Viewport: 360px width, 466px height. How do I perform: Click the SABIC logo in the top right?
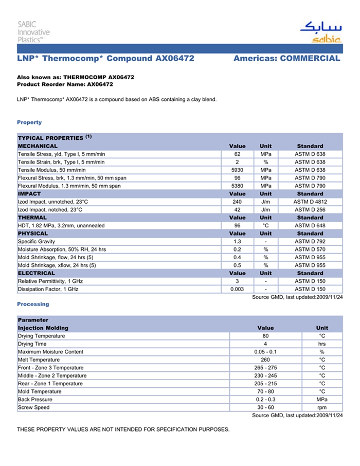320,32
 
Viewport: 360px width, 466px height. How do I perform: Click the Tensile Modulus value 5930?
237,170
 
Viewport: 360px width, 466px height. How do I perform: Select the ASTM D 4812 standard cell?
310,202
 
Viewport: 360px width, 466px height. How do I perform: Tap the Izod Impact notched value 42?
237,210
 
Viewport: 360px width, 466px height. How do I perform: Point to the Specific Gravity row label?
37,241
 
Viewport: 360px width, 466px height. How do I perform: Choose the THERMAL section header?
32,218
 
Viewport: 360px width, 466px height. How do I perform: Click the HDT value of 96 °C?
237,225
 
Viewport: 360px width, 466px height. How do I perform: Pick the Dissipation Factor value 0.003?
237,289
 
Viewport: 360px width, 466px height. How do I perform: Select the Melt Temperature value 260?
265,360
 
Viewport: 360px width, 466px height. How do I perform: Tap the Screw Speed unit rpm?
322,407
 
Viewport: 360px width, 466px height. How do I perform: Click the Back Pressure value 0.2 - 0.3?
265,399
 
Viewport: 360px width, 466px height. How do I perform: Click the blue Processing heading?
33,304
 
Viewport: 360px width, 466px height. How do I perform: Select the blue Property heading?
29,122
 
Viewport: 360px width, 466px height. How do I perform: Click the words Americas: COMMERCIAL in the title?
286,59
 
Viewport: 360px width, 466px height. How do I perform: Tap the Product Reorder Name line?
65,84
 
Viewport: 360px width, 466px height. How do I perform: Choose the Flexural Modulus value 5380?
237,186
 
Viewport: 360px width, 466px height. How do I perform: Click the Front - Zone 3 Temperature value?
265,368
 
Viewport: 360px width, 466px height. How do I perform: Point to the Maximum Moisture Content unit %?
322,352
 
